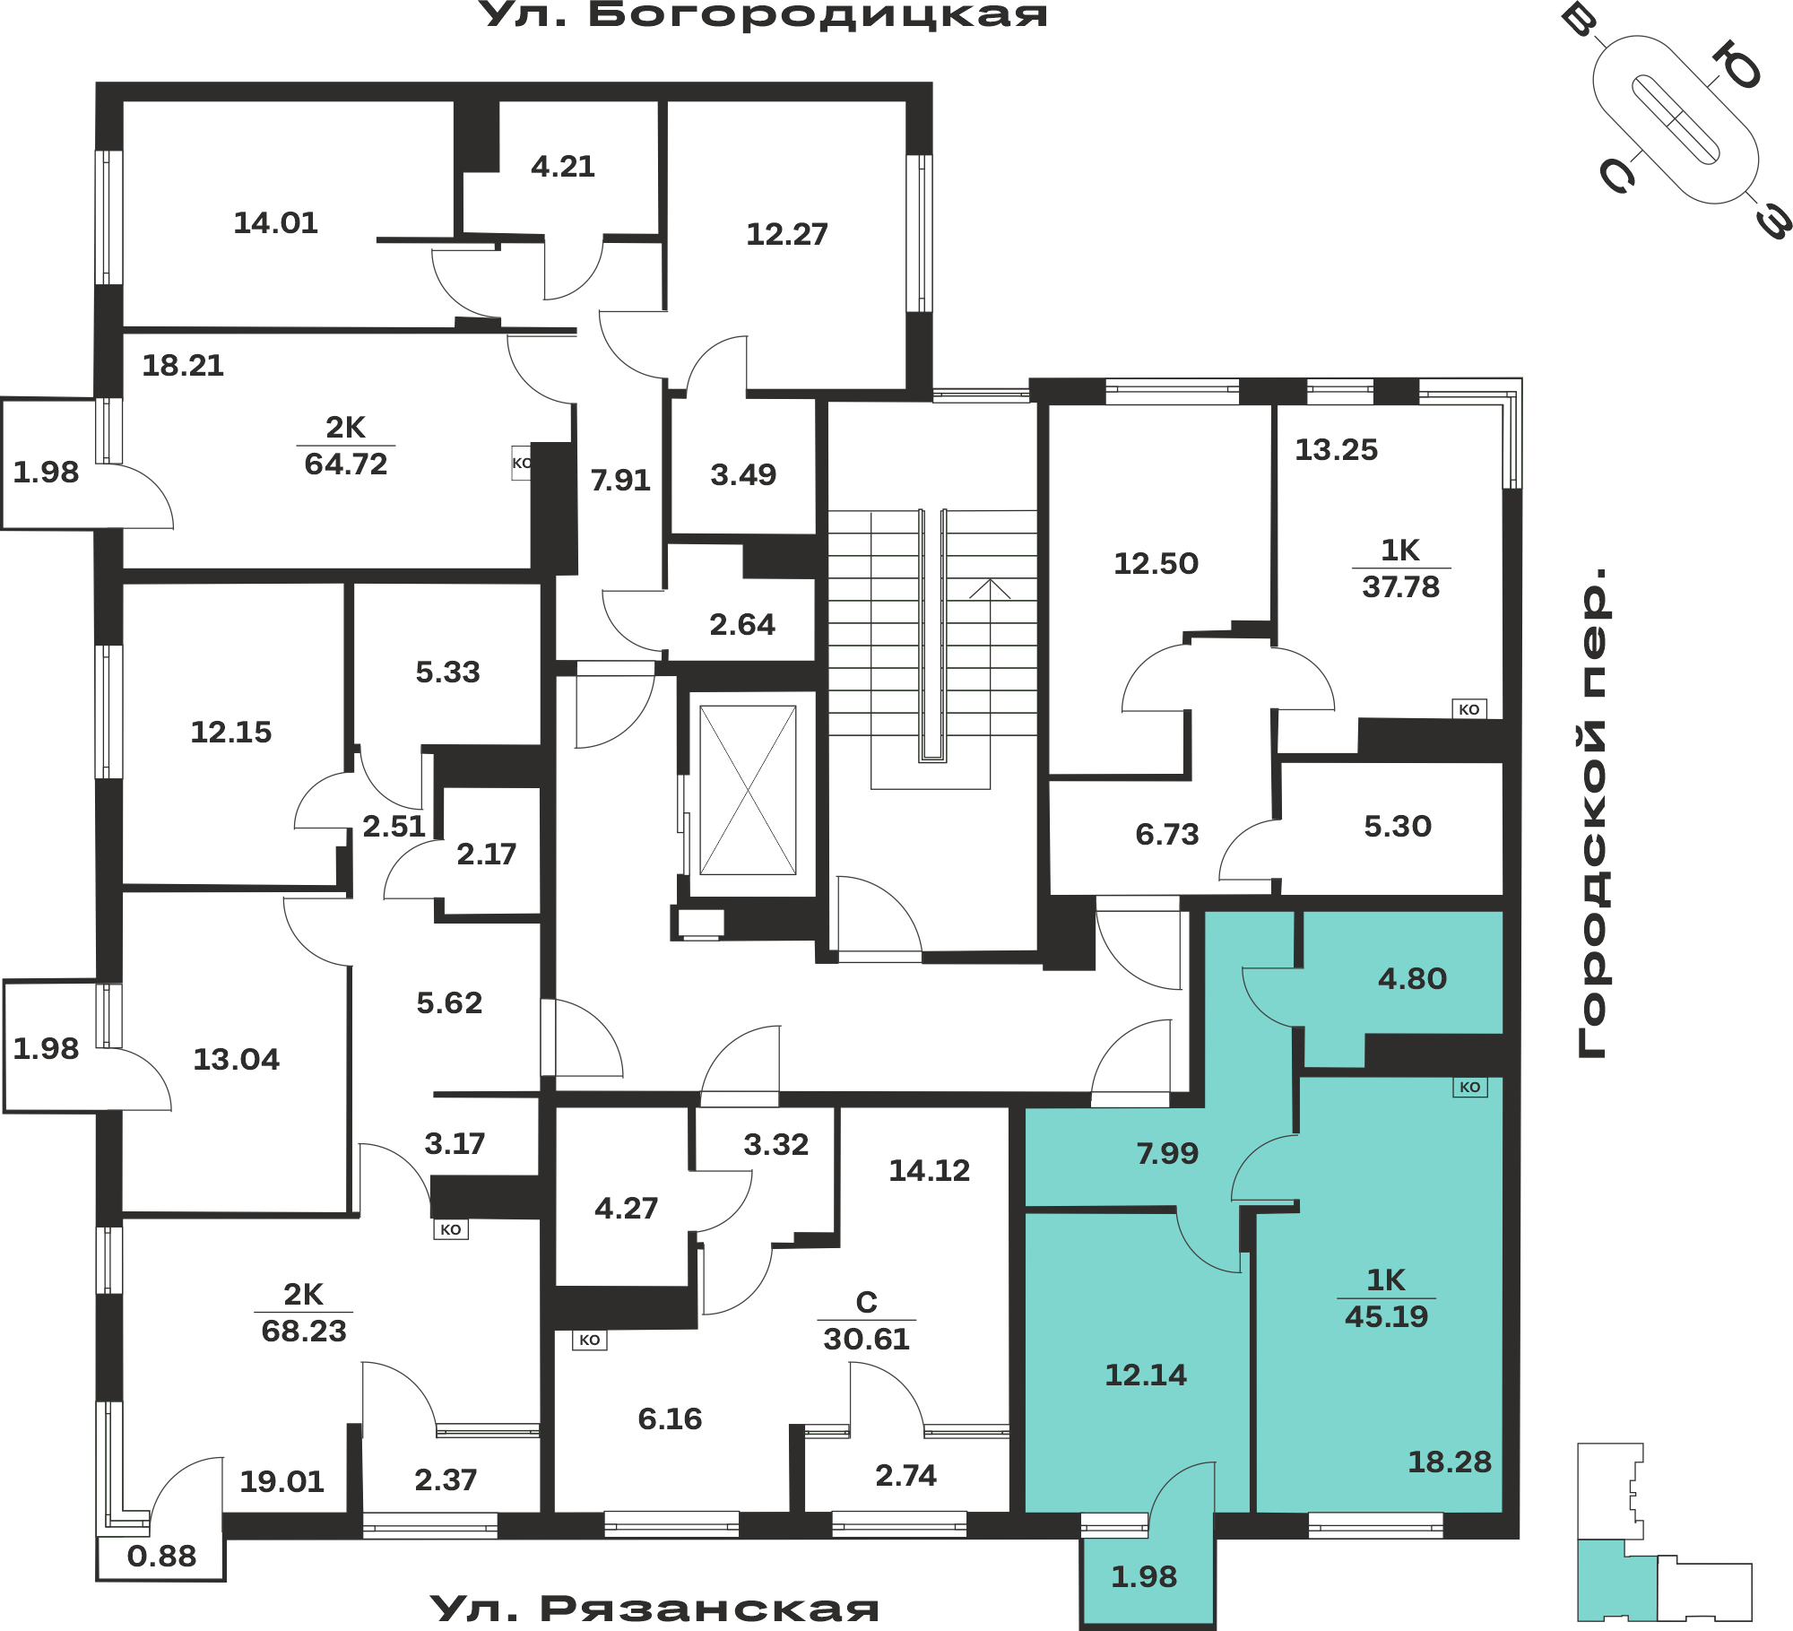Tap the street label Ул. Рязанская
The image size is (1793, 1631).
pos(654,1609)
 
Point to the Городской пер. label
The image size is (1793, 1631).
pos(1593,812)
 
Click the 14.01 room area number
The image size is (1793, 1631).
pos(276,222)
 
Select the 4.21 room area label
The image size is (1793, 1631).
pos(563,166)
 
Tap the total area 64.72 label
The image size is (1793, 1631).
pos(346,464)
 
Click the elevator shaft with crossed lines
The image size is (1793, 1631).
pos(748,790)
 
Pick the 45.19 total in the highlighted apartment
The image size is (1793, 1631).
pos(1386,1316)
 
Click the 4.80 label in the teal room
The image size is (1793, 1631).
pos(1413,978)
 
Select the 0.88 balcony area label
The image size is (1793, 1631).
pos(161,1556)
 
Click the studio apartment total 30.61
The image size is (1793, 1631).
pos(866,1339)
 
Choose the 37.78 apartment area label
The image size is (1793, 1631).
pos(1400,586)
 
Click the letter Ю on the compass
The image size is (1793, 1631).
pos(1737,67)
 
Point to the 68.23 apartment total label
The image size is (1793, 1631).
pos(304,1331)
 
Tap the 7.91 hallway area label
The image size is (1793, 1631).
pos(620,480)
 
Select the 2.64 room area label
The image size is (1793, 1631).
pos(742,624)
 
